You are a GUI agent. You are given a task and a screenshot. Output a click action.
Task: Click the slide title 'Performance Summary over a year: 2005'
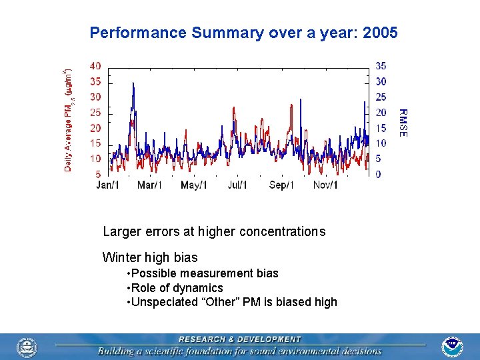[243, 33]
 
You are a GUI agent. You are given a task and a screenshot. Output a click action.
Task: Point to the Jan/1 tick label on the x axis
[108, 185]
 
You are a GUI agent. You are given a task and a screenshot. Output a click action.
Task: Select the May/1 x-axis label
[194, 185]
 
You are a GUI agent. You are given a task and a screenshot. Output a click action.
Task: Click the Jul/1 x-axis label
[237, 185]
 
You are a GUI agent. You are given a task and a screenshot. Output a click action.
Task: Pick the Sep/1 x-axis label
[281, 185]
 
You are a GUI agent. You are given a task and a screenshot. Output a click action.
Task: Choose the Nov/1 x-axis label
[325, 185]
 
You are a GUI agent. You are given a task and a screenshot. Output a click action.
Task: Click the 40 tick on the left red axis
[95, 66]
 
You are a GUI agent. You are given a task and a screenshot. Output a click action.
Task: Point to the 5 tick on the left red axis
[98, 174]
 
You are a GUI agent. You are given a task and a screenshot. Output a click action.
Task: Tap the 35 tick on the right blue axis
[381, 66]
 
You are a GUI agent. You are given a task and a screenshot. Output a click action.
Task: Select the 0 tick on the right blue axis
[378, 174]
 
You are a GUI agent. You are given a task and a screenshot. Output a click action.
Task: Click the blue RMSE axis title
[403, 123]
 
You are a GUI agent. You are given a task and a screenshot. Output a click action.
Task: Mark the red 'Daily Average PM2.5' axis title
[69, 120]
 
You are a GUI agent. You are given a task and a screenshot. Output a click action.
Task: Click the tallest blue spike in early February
[133, 84]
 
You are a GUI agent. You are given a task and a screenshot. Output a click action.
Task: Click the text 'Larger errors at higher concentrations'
[214, 232]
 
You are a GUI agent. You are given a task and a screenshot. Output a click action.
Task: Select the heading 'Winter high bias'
[150, 257]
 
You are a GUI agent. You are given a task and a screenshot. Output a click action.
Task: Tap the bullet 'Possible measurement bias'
[204, 273]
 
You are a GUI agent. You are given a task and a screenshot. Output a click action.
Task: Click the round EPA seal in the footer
[27, 347]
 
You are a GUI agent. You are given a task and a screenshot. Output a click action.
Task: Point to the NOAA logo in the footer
[452, 347]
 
